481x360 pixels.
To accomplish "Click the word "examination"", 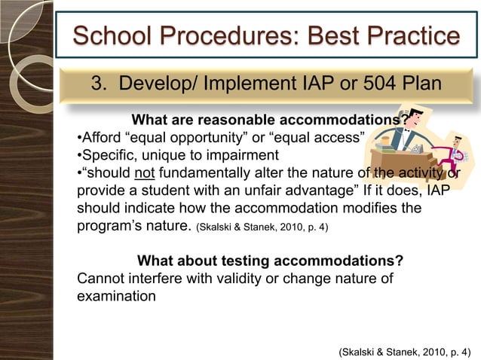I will (117, 296).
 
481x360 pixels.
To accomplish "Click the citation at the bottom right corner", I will (404, 351).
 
